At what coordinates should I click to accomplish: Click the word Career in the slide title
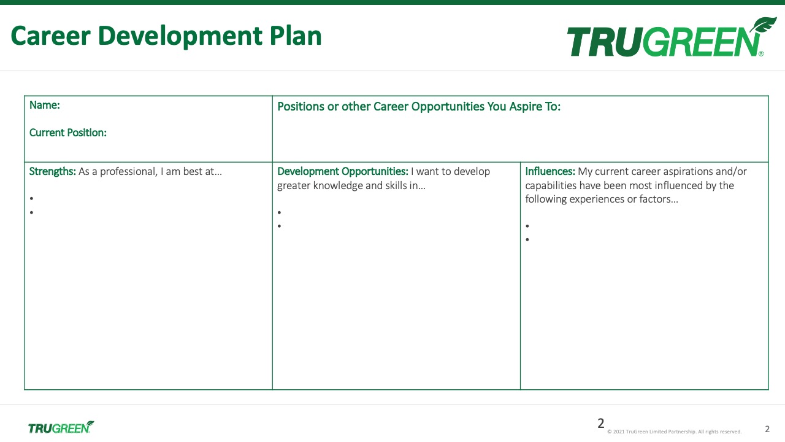(51, 36)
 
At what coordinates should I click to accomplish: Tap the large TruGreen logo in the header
(672, 37)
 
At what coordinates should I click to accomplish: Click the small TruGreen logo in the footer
(61, 427)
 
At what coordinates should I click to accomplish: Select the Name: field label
(45, 105)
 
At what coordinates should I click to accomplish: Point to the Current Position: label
(68, 133)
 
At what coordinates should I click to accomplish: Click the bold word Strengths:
(53, 171)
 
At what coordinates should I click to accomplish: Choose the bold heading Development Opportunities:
(343, 171)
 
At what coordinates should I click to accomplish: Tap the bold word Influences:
(550, 171)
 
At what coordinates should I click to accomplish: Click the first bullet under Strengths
(31, 198)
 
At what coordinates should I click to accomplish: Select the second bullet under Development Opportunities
(279, 226)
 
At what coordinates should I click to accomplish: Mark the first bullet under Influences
(527, 226)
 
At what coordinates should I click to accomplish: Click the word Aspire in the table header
(525, 107)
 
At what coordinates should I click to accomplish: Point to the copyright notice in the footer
(674, 432)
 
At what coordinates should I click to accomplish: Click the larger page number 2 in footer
(600, 424)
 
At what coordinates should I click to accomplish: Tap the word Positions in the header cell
(301, 107)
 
